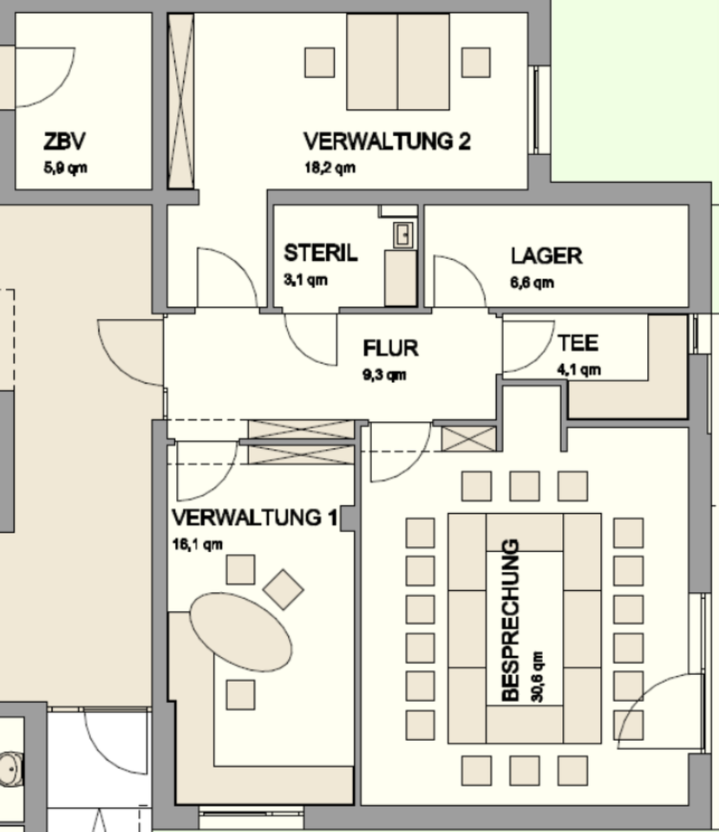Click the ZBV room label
point(64,141)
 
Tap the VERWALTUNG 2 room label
point(387,141)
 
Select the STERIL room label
point(320,255)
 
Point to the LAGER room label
point(546,256)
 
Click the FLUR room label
point(390,348)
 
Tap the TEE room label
point(578,343)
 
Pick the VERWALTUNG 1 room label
point(254,518)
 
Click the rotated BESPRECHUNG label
point(511,620)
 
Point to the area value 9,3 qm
point(384,374)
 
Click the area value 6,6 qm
point(533,282)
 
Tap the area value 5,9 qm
point(65,167)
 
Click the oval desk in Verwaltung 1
point(241,630)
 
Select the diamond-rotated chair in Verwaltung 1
point(283,589)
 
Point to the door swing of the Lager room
point(458,279)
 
